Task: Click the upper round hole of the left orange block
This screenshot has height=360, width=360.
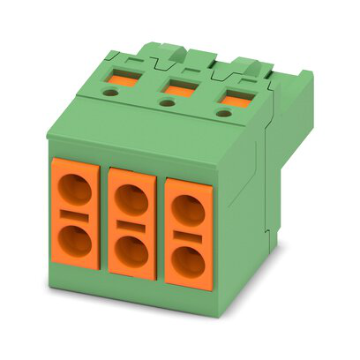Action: click(76, 191)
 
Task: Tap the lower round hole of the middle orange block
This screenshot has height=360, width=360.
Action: click(133, 251)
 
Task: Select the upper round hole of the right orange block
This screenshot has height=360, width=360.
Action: click(185, 208)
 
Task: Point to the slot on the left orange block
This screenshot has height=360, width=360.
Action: click(76, 216)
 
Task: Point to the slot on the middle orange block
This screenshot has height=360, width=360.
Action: click(132, 225)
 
